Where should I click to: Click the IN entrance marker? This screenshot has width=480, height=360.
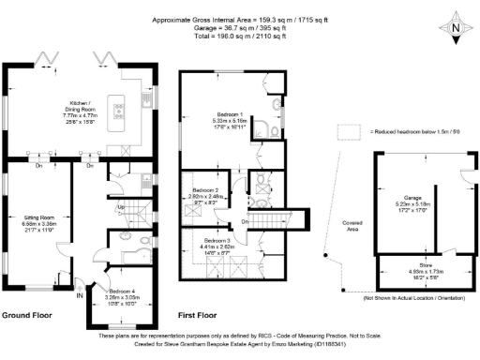pyautogui.click(x=79, y=296)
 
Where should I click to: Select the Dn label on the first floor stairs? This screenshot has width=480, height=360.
pyautogui.click(x=244, y=221)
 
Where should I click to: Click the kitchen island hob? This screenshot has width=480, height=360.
pyautogui.click(x=119, y=111)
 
